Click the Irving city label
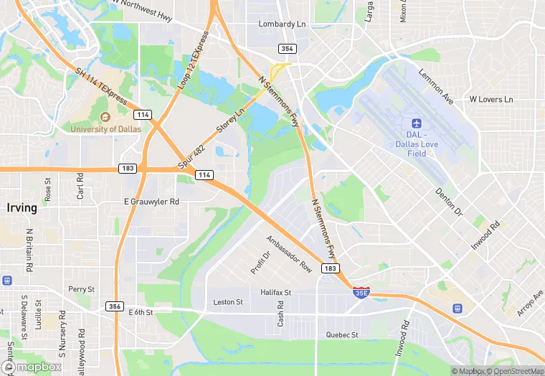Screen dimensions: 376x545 click(x=22, y=208)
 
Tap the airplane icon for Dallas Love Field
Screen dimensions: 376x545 click(x=417, y=124)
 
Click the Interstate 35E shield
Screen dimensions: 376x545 click(x=361, y=293)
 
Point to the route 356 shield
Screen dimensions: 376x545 click(x=114, y=306)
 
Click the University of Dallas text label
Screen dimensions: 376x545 click(x=105, y=129)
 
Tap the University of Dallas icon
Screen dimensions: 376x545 click(x=105, y=117)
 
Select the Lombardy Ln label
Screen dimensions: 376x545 click(x=282, y=24)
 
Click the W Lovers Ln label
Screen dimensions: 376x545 click(x=491, y=99)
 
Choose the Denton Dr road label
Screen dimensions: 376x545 click(x=449, y=202)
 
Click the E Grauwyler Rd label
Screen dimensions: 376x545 click(x=151, y=202)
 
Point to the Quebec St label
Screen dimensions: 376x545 click(x=341, y=334)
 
